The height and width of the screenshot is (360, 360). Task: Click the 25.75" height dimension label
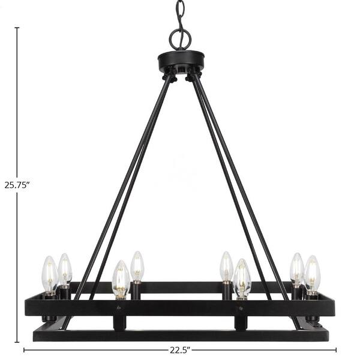point(17,185)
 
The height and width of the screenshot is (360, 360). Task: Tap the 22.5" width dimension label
point(180,356)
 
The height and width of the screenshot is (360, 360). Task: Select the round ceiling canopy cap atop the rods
point(181,61)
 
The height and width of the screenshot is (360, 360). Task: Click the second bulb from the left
point(65,270)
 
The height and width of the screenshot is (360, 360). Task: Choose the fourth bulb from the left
point(137,267)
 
